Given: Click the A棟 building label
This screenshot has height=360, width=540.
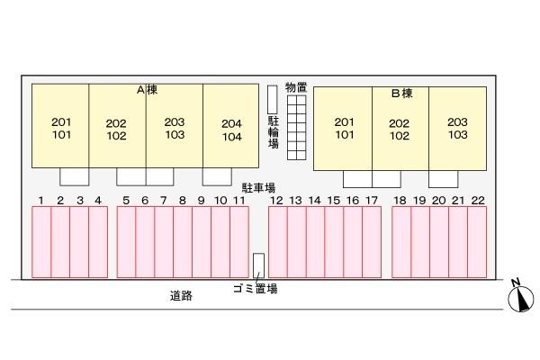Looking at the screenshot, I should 147,90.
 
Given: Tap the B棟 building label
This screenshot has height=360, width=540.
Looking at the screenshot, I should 401,92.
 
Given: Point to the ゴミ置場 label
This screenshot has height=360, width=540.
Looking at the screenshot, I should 254,289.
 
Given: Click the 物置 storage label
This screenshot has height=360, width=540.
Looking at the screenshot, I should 296,87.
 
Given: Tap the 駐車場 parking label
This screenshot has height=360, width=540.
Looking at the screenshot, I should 257,188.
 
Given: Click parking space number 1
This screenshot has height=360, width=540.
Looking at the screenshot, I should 41,241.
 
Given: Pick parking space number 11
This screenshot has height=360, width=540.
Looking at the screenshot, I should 238,241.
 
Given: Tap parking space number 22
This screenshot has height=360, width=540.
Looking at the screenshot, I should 477,241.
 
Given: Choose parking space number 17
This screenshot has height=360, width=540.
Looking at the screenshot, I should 371,241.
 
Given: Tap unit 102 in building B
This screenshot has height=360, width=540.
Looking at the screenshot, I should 400,136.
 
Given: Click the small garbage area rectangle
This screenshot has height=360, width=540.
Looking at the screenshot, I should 258,265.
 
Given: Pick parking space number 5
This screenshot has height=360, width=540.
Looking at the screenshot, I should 126,241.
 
